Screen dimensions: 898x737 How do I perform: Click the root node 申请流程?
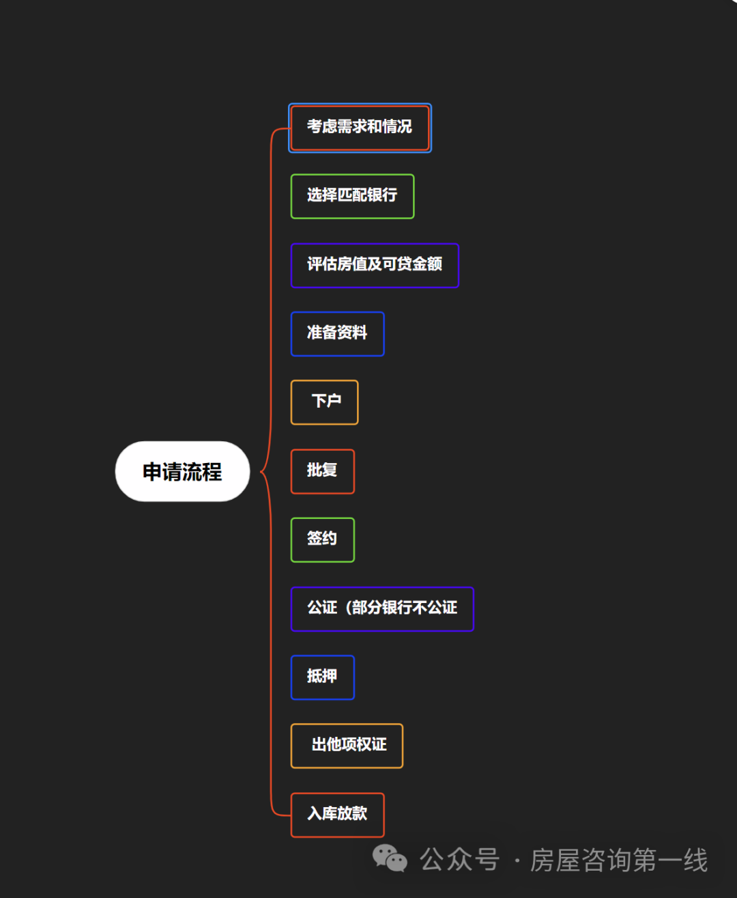click(182, 471)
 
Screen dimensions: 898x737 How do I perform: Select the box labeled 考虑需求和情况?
click(360, 127)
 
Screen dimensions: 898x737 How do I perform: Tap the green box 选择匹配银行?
click(352, 196)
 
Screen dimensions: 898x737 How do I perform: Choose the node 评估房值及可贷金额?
click(375, 265)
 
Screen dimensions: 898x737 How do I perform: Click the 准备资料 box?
click(337, 333)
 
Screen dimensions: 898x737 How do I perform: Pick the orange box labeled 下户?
click(325, 402)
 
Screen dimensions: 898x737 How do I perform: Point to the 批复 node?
click(322, 471)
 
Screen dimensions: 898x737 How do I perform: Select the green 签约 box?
click(322, 539)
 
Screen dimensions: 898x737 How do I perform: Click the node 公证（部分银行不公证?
click(382, 608)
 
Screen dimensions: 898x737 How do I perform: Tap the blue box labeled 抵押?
click(322, 677)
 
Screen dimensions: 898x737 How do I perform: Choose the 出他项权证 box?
click(347, 745)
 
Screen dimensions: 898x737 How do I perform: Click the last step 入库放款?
click(337, 814)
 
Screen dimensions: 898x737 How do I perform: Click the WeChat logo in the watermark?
click(390, 858)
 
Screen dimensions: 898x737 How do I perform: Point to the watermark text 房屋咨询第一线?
click(619, 860)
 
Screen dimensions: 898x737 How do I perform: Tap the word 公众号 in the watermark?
click(459, 860)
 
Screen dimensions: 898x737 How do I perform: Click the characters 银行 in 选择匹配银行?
click(382, 196)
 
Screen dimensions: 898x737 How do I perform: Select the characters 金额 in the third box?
click(427, 265)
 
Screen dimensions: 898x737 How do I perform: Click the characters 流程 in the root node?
click(202, 471)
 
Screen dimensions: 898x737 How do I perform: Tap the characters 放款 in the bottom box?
click(352, 814)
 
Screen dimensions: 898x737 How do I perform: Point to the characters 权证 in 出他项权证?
click(371, 745)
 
